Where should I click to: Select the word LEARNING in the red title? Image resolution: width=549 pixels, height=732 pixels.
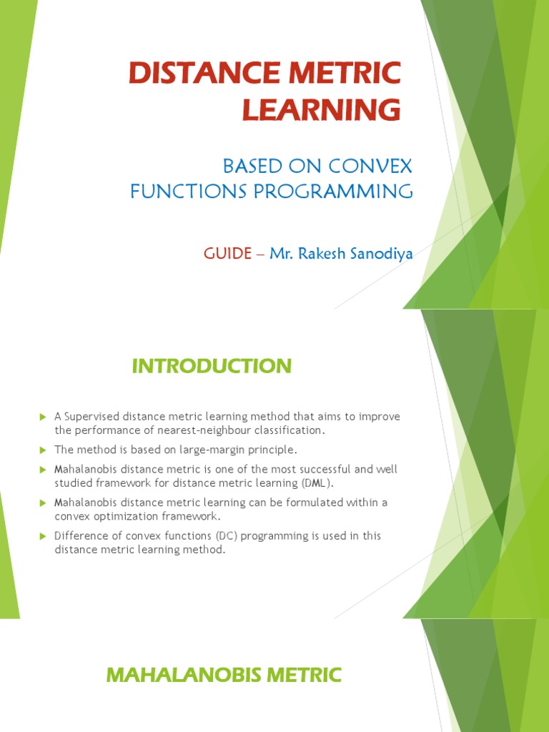[321, 110]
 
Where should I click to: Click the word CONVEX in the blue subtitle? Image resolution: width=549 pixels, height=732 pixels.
[372, 167]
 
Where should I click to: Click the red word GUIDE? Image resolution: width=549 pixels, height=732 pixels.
[227, 254]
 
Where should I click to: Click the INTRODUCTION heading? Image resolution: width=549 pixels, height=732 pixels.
[212, 366]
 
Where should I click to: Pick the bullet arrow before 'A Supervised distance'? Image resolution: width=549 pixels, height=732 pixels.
[42, 417]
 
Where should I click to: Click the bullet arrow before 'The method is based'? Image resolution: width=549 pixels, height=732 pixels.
[42, 450]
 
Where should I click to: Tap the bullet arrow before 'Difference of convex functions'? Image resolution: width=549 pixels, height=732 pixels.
[42, 535]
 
